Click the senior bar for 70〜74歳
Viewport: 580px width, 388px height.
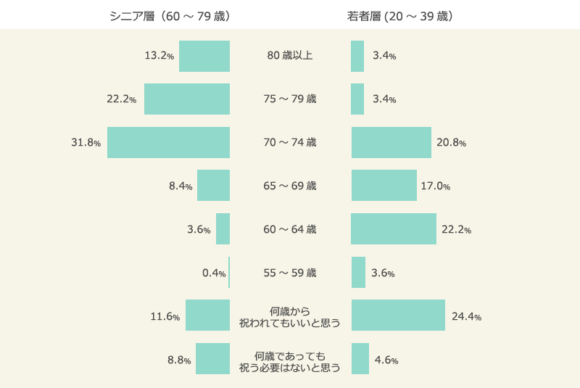point(168,142)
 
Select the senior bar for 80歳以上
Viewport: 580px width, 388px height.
point(204,56)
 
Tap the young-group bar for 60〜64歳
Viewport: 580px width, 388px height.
point(394,229)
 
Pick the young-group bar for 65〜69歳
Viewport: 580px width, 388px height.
point(384,186)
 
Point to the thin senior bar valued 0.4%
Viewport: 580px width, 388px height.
point(229,273)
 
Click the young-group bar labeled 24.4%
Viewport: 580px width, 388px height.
point(398,315)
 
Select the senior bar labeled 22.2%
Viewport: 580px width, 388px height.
point(187,99)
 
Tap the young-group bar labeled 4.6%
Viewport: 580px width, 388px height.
point(360,359)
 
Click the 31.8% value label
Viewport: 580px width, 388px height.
point(86,143)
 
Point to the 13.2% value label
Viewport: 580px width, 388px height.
point(159,56)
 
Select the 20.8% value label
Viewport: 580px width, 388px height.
point(451,143)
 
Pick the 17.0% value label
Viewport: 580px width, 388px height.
point(436,186)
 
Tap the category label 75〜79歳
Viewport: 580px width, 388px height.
point(290,99)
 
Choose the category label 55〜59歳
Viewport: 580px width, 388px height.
point(290,273)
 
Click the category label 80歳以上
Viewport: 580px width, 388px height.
point(290,56)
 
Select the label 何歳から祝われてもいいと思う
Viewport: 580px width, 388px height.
point(290,316)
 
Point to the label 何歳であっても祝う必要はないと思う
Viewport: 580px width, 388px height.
point(290,360)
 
